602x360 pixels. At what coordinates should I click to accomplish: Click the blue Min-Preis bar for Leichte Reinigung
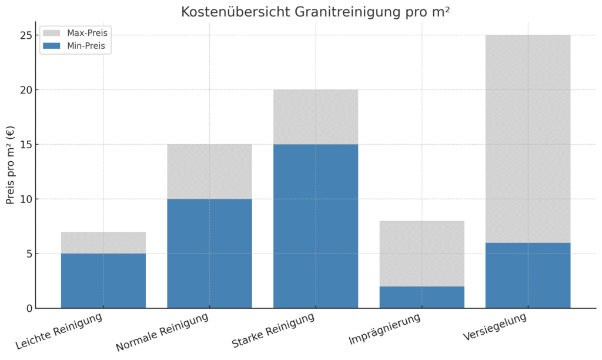[x=103, y=281]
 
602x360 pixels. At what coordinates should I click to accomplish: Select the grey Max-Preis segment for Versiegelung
[x=527, y=139]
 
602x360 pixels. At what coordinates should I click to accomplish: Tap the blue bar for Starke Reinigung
[x=316, y=226]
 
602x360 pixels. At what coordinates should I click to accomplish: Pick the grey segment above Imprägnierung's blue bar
[x=422, y=254]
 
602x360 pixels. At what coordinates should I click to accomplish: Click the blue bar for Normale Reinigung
[x=209, y=253]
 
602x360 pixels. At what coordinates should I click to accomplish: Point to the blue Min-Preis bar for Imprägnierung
[x=422, y=297]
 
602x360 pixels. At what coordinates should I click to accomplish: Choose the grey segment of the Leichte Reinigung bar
[x=103, y=242]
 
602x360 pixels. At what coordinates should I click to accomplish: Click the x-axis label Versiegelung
[x=495, y=327]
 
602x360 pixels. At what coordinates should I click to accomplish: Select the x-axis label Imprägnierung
[x=385, y=330]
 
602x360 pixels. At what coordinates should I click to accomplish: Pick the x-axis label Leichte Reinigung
[x=59, y=333]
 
